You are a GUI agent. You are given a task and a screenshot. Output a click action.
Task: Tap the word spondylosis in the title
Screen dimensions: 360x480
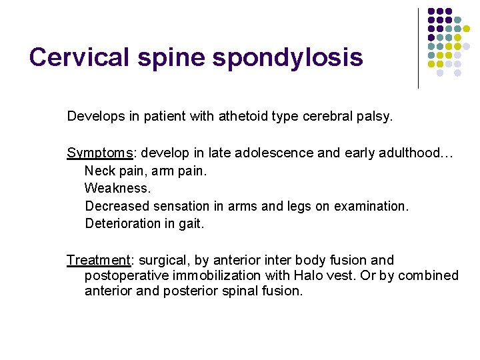(x=288, y=57)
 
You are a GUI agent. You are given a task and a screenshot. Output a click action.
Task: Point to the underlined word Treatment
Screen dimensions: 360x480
(x=98, y=260)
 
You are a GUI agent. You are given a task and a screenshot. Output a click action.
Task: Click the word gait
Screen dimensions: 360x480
(x=191, y=224)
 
